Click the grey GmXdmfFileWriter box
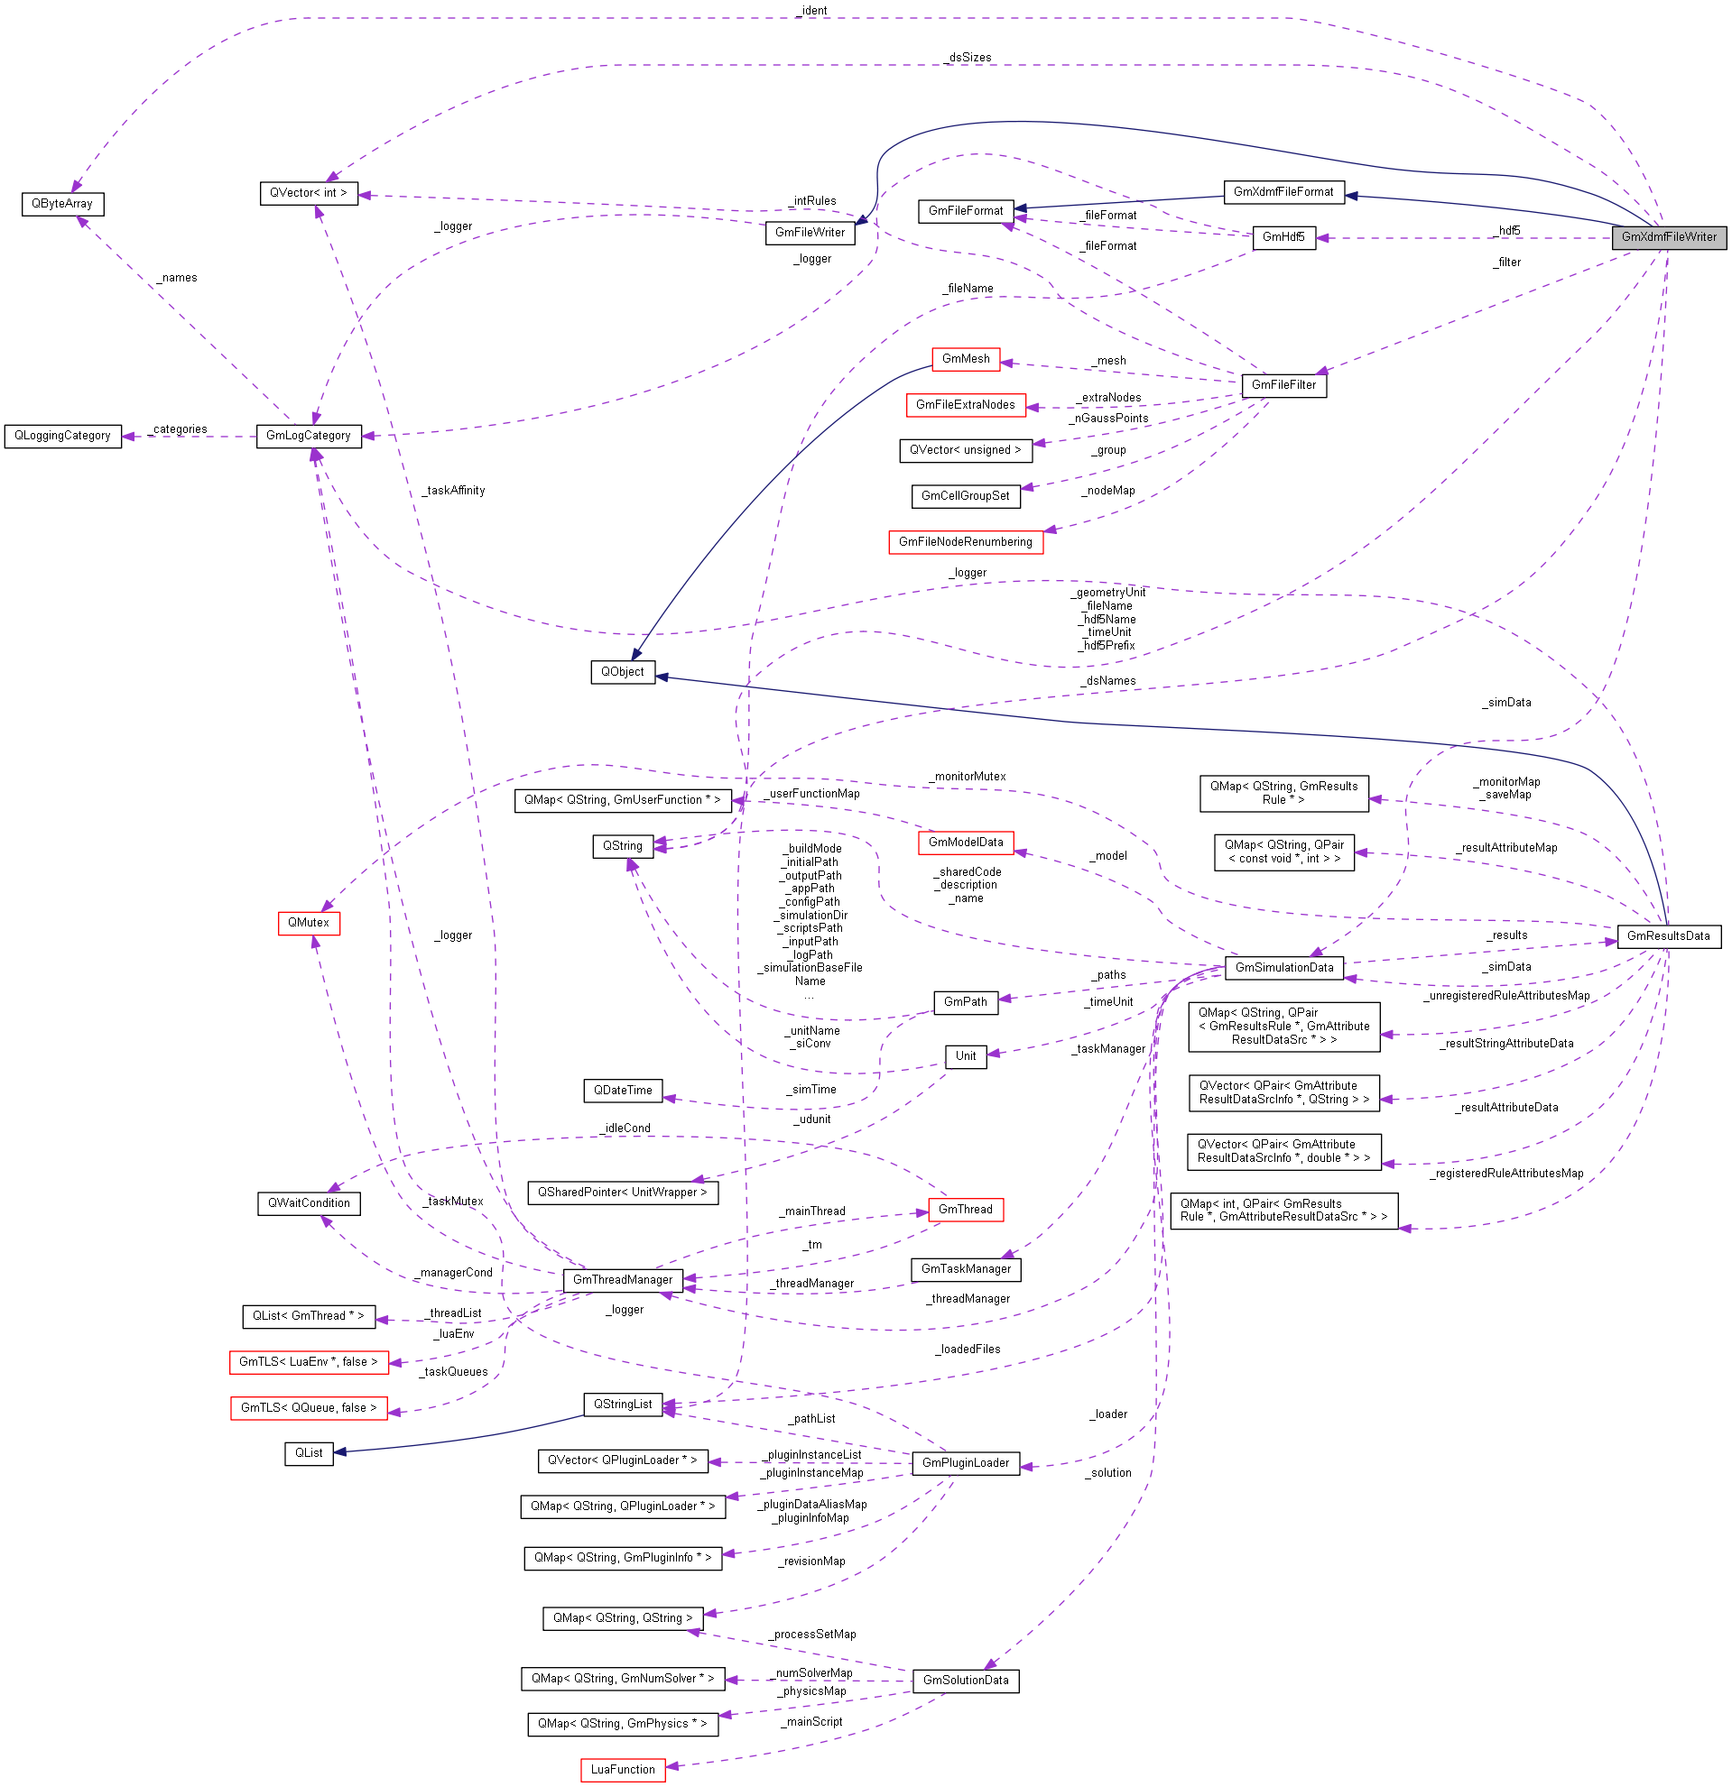(x=1668, y=237)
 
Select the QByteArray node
(x=62, y=203)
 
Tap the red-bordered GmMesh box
(x=965, y=359)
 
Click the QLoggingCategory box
(x=62, y=436)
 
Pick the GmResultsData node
(x=1668, y=935)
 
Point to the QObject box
(x=622, y=672)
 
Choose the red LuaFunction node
(x=622, y=1769)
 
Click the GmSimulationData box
(x=1283, y=967)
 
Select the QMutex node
(x=309, y=923)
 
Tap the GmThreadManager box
(x=622, y=1279)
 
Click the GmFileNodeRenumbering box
(x=965, y=541)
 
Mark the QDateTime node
(x=622, y=1091)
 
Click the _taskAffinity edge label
(x=453, y=491)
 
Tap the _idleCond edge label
(x=625, y=1128)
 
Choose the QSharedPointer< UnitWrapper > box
(x=622, y=1193)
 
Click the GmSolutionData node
(x=965, y=1681)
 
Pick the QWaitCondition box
(x=309, y=1203)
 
